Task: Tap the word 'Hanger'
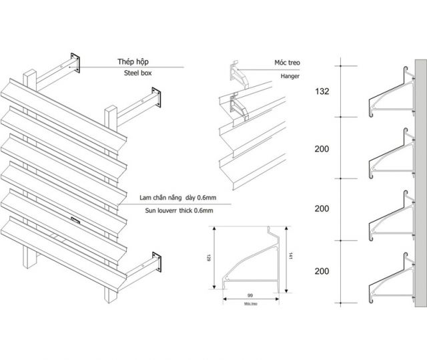click(290, 76)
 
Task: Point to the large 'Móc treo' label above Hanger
click(288, 62)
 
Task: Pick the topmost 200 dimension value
click(322, 148)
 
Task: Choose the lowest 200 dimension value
click(322, 271)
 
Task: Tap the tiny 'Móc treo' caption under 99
click(251, 304)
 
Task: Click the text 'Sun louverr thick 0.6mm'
click(176, 210)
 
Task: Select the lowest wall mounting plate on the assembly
click(158, 262)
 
